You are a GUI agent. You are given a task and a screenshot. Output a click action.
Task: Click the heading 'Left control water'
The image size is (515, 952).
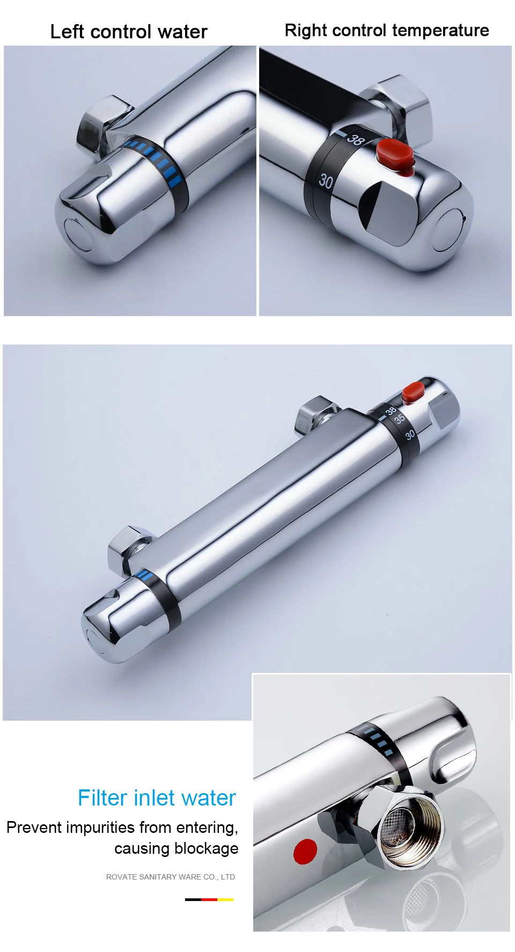[x=129, y=32]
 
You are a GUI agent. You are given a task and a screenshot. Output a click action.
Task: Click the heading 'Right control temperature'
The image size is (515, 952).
[x=387, y=31]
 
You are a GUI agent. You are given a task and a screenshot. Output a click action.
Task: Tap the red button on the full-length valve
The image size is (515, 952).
[x=413, y=392]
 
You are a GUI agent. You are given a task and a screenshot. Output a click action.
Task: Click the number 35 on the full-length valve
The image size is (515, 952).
[x=400, y=419]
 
